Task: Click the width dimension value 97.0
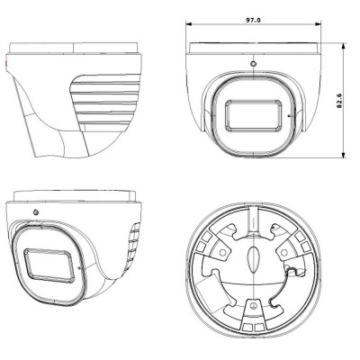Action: pos(254,20)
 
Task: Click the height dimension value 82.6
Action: pos(339,101)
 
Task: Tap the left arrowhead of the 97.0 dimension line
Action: pos(189,23)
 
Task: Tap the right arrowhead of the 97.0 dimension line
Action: pos(318,23)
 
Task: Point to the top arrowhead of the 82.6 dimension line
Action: pos(344,46)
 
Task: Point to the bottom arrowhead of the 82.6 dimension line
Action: pos(344,154)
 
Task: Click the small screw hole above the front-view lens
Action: pos(254,64)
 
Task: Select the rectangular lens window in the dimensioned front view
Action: pos(254,115)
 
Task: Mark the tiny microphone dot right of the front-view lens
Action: pos(289,115)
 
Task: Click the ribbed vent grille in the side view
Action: pos(105,103)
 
